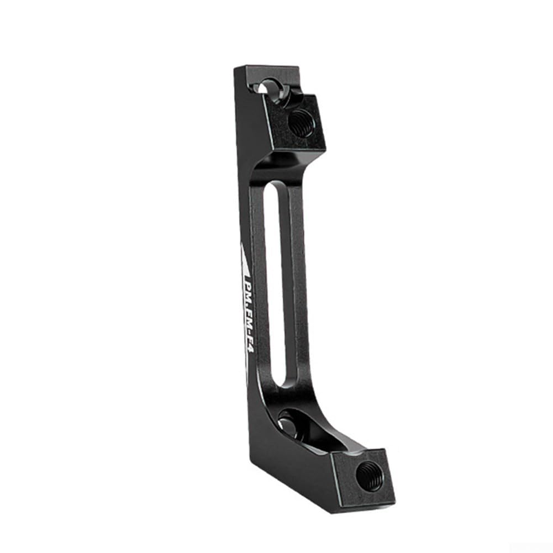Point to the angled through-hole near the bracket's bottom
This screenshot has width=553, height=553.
289,423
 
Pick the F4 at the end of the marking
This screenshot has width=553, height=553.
246,349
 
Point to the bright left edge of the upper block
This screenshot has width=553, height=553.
273,122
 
